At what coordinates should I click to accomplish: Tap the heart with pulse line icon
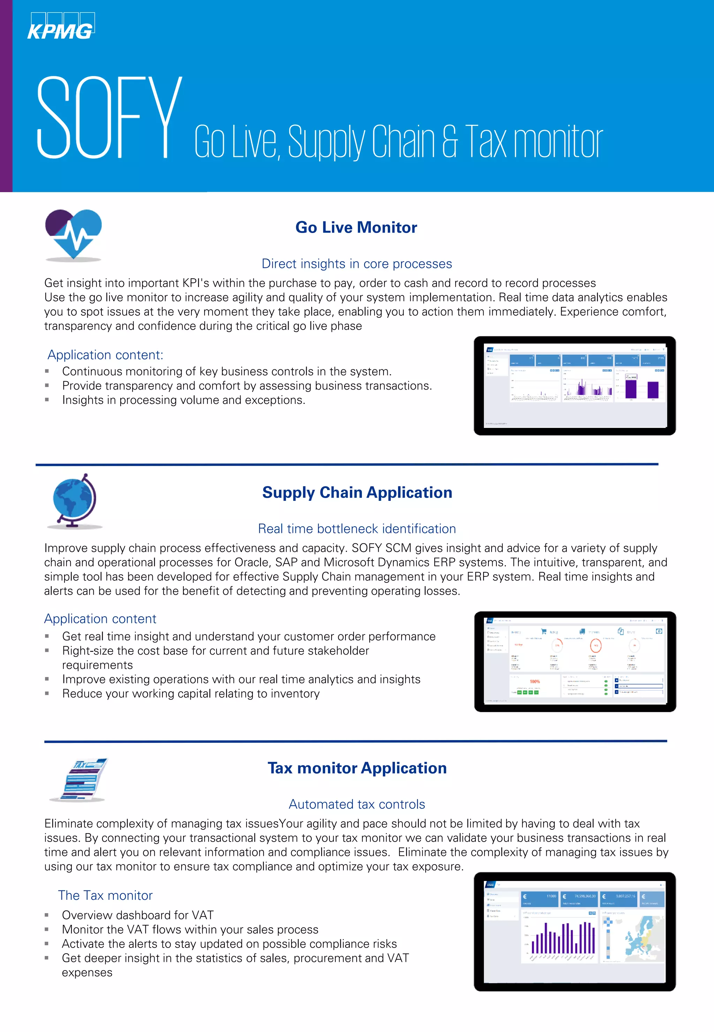coord(74,234)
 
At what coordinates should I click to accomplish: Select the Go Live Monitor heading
coord(356,227)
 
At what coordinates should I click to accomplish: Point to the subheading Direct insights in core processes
coord(357,264)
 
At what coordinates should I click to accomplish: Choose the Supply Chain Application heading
coord(357,492)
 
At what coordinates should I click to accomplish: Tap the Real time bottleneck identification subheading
coord(357,528)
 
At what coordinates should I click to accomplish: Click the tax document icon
coord(80,779)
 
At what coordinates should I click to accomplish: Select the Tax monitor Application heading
coord(357,768)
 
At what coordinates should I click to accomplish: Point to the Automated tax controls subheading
coord(357,804)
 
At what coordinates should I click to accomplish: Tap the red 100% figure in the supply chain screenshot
coord(534,681)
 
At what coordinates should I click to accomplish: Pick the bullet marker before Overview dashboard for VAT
coord(46,915)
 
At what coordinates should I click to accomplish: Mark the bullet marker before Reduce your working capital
coord(46,693)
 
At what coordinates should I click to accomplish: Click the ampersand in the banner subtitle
coord(450,142)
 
